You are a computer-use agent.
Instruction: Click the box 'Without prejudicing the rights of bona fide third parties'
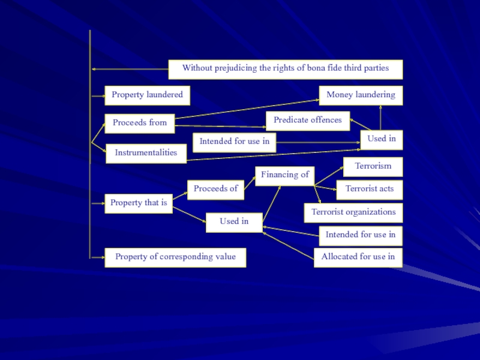(x=285, y=69)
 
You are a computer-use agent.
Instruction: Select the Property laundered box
(x=147, y=95)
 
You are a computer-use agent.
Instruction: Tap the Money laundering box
(x=361, y=95)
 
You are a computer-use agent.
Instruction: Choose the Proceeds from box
(x=139, y=123)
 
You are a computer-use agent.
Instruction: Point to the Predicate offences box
(x=307, y=120)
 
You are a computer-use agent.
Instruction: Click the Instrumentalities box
(x=146, y=153)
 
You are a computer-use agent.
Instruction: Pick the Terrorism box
(x=373, y=166)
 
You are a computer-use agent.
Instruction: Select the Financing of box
(x=284, y=175)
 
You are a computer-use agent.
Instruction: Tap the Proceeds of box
(x=215, y=189)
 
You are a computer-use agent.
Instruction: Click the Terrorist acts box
(x=369, y=189)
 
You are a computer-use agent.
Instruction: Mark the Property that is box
(x=138, y=203)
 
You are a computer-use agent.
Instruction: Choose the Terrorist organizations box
(x=353, y=212)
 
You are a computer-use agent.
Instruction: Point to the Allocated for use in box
(x=358, y=257)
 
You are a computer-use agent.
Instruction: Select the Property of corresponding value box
(x=175, y=257)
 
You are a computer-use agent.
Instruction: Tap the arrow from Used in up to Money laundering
(x=380, y=118)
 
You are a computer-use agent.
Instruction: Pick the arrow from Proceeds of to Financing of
(x=250, y=182)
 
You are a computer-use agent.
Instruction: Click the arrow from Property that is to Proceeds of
(x=180, y=196)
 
